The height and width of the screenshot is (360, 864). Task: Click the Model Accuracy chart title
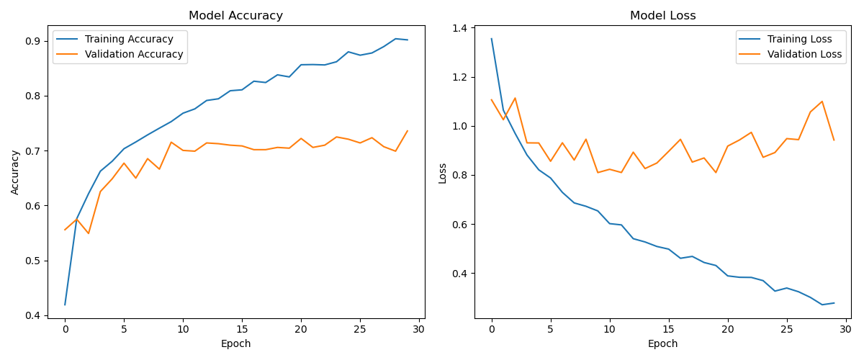coord(235,16)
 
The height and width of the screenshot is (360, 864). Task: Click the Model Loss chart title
coord(662,16)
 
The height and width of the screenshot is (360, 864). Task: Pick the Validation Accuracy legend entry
coord(134,54)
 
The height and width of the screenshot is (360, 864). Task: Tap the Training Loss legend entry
coord(800,39)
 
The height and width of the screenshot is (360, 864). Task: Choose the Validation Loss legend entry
coord(804,54)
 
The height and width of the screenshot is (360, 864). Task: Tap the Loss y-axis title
coord(443,173)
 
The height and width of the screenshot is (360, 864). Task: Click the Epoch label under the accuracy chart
coord(235,344)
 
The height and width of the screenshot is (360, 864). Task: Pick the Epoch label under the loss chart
coord(662,344)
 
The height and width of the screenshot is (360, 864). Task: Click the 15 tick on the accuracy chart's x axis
coord(242,329)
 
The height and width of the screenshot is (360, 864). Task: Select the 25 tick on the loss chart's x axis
coord(787,329)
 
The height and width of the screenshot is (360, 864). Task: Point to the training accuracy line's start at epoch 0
coord(65,305)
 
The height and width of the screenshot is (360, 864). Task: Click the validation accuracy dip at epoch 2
coord(89,233)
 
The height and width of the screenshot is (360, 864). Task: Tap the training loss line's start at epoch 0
coord(492,39)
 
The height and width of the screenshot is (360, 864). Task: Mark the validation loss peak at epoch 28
coord(822,102)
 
